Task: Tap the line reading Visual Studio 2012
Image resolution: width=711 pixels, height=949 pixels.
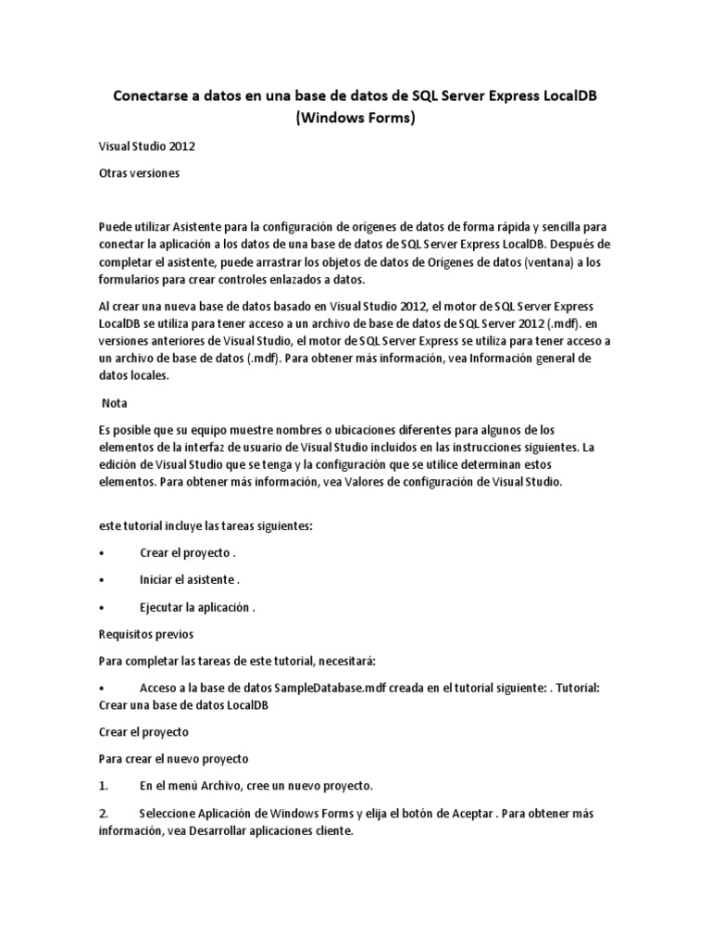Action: [x=146, y=146]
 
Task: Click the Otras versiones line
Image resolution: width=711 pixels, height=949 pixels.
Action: [x=139, y=172]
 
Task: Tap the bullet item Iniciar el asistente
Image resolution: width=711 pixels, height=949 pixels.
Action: [x=189, y=580]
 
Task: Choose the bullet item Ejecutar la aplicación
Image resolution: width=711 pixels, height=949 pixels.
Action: [x=196, y=608]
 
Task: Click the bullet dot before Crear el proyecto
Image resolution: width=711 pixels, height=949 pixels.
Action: [x=101, y=553]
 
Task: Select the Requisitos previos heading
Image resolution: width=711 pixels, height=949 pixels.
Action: [x=146, y=635]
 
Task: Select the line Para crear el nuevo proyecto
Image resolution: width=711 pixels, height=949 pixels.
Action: [x=173, y=758]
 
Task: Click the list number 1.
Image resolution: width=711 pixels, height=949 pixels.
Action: [x=104, y=786]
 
